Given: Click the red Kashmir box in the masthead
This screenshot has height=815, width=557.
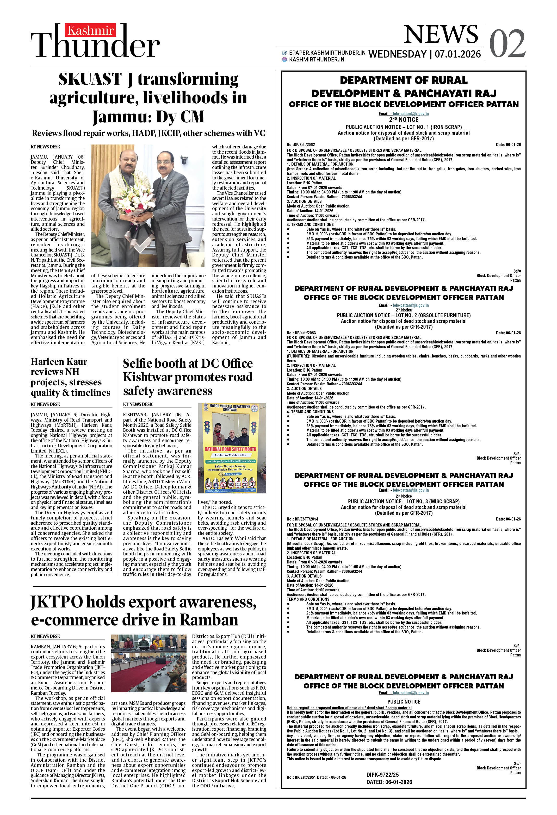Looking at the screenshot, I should click(90, 30).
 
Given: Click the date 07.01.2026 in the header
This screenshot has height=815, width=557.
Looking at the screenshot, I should click(457, 54).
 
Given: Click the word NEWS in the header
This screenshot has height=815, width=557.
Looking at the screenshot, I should click(441, 35).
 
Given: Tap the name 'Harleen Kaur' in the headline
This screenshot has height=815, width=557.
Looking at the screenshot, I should click(59, 362).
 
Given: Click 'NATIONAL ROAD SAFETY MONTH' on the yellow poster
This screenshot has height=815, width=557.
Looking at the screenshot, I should click(230, 449).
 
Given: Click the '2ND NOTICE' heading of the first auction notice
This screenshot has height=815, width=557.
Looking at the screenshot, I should click(403, 120).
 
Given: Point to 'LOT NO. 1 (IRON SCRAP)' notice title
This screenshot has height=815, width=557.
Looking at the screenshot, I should click(431, 127).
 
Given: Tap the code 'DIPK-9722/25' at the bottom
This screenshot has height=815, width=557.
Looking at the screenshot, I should click(382, 775).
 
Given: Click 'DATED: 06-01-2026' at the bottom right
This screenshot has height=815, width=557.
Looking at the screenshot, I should click(389, 782).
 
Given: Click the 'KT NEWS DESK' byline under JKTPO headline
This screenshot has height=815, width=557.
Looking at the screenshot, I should click(45, 636).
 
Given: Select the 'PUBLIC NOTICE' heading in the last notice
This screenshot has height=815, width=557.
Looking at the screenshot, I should click(403, 702).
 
